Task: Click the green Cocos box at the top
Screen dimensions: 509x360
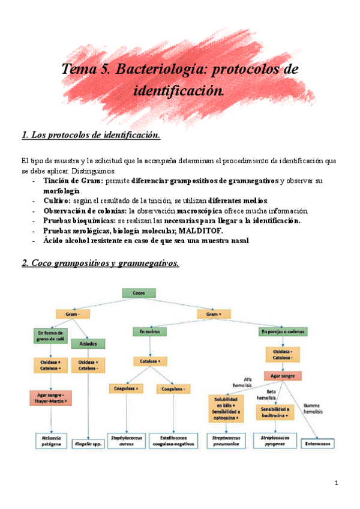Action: tap(139, 293)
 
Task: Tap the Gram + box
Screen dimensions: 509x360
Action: tap(210, 313)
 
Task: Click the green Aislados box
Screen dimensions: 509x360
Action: tap(88, 343)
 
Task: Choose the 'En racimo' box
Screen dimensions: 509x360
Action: tap(149, 331)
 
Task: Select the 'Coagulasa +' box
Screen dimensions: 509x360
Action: tap(125, 389)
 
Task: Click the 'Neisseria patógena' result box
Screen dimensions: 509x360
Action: tap(52, 441)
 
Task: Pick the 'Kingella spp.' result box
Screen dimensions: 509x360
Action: tap(88, 445)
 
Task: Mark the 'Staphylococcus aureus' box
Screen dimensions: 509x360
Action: tap(125, 441)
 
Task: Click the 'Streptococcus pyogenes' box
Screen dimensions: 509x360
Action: tap(274, 441)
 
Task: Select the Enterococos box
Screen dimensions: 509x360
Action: tap(319, 444)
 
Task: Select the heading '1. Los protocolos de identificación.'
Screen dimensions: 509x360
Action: tap(91, 136)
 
